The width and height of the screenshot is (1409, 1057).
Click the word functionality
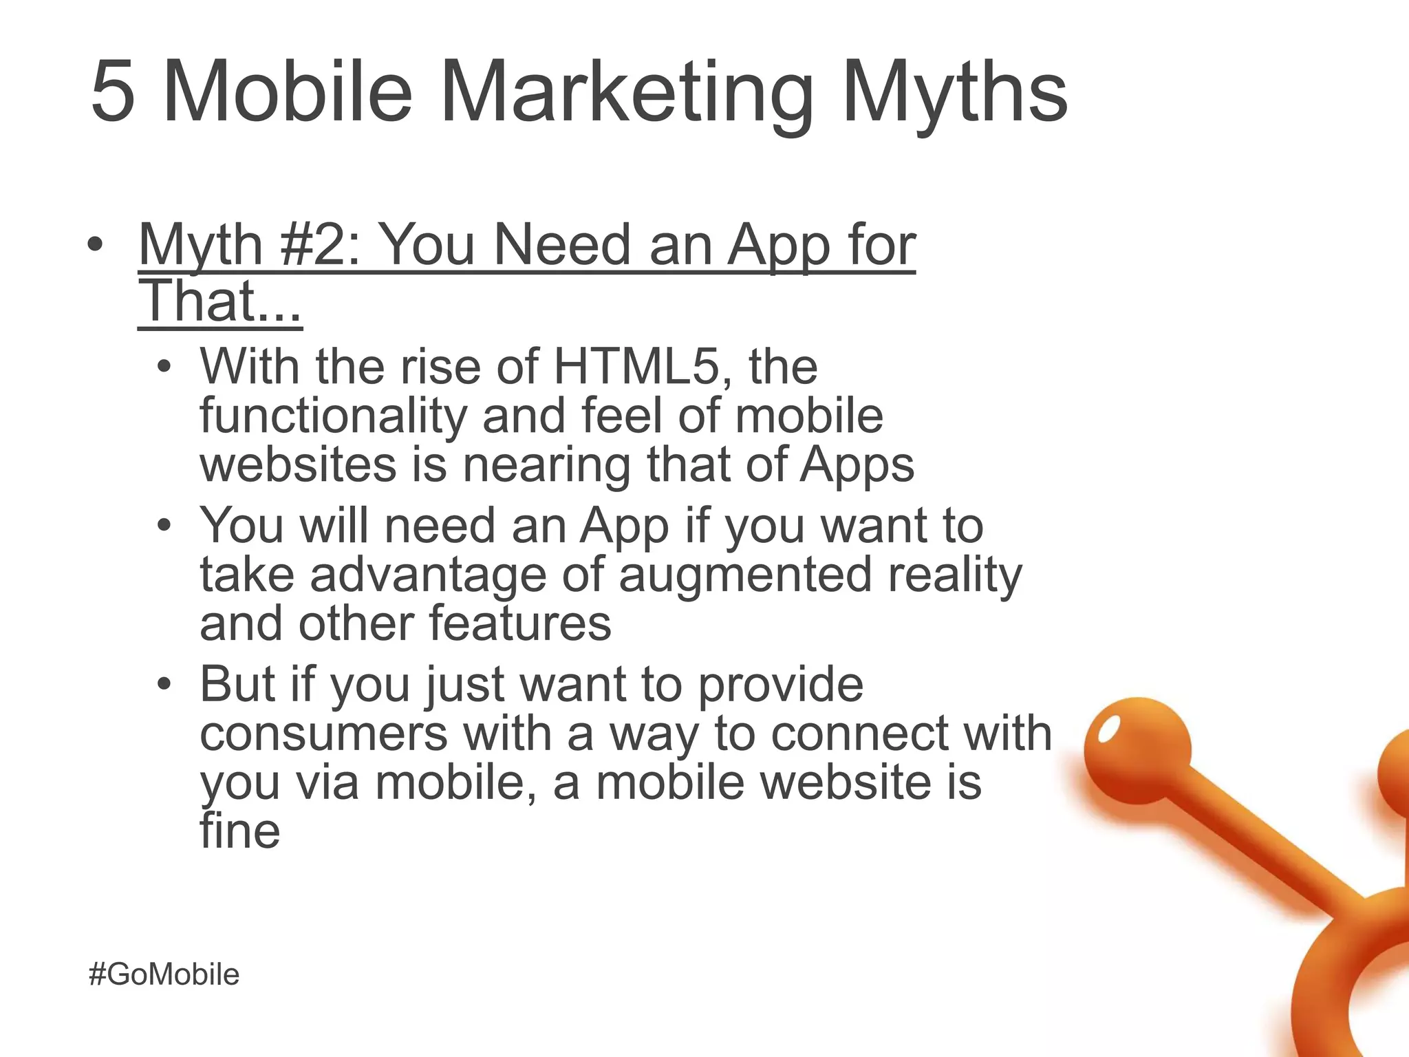click(x=333, y=416)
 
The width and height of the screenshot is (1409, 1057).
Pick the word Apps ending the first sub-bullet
click(x=857, y=466)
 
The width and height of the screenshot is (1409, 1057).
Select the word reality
click(x=954, y=575)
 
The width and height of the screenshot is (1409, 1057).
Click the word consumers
click(x=323, y=734)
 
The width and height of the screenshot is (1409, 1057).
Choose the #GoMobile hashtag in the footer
click(x=164, y=974)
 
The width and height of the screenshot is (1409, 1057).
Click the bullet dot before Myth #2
click(x=96, y=245)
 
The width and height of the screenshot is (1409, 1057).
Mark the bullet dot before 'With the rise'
click(x=164, y=367)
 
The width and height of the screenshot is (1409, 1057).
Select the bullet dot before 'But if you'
click(x=164, y=685)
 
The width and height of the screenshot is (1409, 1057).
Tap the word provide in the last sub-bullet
click(x=781, y=685)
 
